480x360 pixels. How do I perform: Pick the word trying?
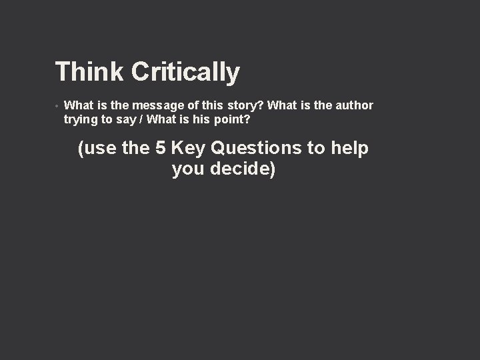coord(80,120)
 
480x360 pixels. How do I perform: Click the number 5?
coord(159,148)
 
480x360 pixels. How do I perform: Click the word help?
coord(349,148)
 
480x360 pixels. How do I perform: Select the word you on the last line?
coord(188,169)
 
